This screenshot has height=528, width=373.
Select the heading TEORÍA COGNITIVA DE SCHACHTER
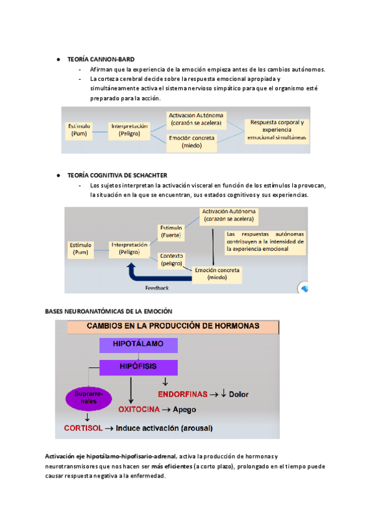[x=117, y=175]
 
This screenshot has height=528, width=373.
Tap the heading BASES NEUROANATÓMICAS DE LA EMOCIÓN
[x=109, y=310]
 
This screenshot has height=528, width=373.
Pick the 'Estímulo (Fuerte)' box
[x=171, y=232]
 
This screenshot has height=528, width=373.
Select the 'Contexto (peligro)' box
[x=171, y=259]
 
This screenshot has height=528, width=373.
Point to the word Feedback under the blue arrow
[x=157, y=288]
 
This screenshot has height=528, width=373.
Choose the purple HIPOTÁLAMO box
[x=139, y=344]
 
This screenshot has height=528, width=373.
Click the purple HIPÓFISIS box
[x=139, y=366]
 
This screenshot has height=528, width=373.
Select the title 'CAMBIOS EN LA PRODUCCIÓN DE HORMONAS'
[x=173, y=326]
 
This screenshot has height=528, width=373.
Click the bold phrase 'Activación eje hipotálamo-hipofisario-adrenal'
[x=110, y=456]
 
